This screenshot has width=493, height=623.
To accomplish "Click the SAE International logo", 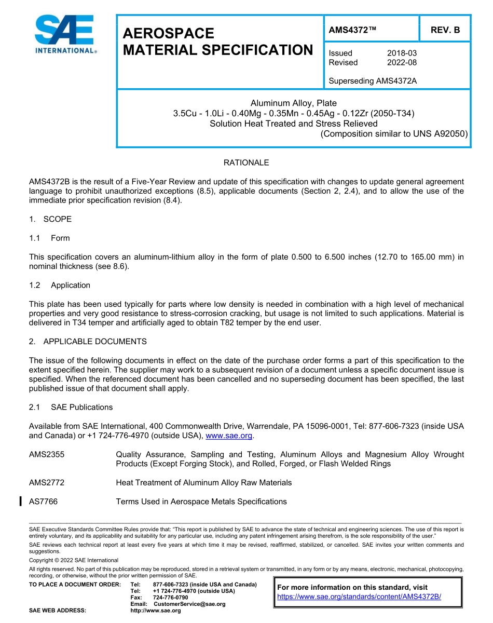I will tap(65, 35).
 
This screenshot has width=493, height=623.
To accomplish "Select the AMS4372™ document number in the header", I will tap(353, 30).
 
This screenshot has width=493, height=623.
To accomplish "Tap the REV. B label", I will tap(445, 30).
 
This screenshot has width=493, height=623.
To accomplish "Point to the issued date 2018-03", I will tap(402, 53).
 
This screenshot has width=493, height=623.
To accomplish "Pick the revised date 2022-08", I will tap(402, 62).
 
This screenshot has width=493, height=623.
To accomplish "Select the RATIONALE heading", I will tap(246, 162).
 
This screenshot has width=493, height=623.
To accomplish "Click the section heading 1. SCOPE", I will tap(50, 219).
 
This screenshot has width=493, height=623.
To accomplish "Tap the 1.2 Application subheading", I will tap(60, 285).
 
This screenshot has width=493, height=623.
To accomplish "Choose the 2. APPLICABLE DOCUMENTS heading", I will tap(88, 342).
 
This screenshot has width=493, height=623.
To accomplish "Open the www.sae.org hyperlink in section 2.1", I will tap(228, 436).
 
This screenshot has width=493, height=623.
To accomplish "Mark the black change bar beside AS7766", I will tap(20, 501).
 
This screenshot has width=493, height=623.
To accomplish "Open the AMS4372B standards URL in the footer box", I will tap(359, 597).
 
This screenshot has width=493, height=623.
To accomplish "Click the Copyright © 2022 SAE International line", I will tap(74, 560).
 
